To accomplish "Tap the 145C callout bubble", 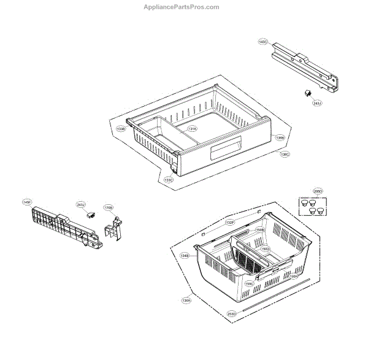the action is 263,42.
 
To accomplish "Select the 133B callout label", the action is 121,129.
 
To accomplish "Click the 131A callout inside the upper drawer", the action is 192,129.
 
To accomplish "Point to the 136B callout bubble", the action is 279,138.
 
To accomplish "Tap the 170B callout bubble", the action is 108,207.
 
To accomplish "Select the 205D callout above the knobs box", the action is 317,190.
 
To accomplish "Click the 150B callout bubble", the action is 260,230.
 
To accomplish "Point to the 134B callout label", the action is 185,255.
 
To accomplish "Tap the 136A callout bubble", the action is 186,301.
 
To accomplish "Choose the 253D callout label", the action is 231,314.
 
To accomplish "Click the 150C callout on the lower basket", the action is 249,284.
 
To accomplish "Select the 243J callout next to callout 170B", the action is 81,204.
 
